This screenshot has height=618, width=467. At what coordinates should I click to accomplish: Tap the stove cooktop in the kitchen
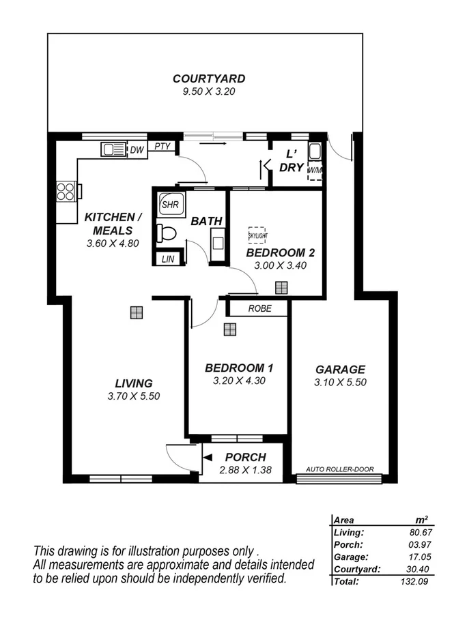coord(66,191)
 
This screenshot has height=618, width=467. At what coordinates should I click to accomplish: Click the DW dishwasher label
coord(137,149)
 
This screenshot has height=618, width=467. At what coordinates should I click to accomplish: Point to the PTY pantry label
coord(162,146)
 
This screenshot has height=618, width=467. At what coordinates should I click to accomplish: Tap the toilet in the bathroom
coord(166,233)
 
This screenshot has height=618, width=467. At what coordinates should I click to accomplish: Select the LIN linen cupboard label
coord(168,259)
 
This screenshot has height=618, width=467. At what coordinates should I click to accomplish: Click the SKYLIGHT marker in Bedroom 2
coord(257,235)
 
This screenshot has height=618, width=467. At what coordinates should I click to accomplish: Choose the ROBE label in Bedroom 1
coord(259,309)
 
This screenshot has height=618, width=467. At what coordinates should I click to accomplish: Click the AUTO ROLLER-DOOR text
coord(339,469)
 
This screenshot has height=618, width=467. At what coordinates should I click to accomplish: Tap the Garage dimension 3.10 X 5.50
coord(340,383)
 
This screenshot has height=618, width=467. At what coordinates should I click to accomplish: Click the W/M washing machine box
coord(315,169)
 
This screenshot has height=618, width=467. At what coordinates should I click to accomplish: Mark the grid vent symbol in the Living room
coord(137,312)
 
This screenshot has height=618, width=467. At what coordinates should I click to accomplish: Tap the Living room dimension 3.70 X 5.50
coord(133,396)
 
